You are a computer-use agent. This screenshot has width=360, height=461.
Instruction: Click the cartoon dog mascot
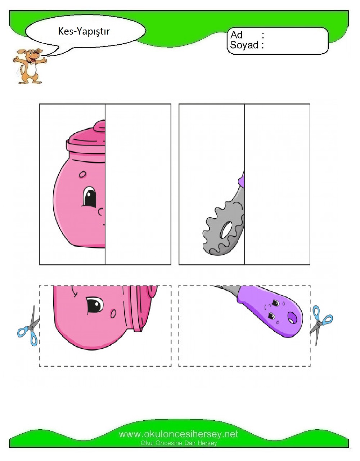29,66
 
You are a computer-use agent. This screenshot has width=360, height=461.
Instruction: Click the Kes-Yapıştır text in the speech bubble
84,31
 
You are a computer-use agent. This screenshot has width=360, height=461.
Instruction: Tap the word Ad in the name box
236,35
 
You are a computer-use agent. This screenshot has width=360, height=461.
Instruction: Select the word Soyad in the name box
244,45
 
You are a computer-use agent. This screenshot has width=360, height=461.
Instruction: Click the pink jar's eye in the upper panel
89,197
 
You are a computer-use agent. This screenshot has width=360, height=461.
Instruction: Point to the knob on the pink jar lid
99,126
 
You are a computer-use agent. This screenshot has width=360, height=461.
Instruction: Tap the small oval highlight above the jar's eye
82,174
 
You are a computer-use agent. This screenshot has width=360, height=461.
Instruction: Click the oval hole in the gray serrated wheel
226,230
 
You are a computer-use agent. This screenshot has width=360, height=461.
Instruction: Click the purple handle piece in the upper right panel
242,179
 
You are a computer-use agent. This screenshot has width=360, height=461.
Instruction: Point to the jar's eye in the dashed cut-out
95,306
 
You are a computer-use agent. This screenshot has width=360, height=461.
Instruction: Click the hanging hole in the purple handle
292,318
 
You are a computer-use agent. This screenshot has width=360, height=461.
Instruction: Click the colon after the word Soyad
262,45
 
